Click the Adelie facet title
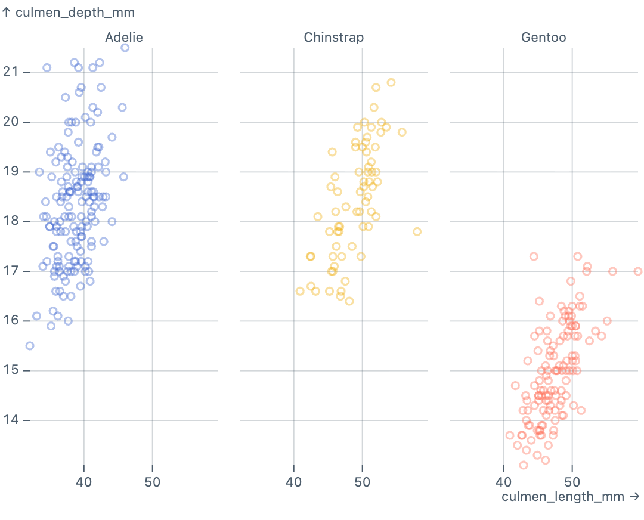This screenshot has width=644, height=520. (x=124, y=38)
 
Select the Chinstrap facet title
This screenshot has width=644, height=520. (x=334, y=38)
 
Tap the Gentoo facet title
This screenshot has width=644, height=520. (x=544, y=38)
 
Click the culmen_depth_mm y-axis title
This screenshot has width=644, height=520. (x=69, y=12)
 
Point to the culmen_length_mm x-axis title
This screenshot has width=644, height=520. (x=571, y=497)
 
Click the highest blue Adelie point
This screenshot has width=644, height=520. (x=125, y=48)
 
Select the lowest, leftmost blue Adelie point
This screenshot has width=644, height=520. (x=30, y=346)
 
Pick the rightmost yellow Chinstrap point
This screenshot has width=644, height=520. (x=417, y=231)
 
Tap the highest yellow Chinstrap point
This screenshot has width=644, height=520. (x=391, y=82)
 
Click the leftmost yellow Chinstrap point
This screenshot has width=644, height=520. (x=300, y=291)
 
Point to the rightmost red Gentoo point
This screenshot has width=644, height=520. (x=638, y=271)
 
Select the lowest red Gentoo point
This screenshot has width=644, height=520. (x=524, y=465)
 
